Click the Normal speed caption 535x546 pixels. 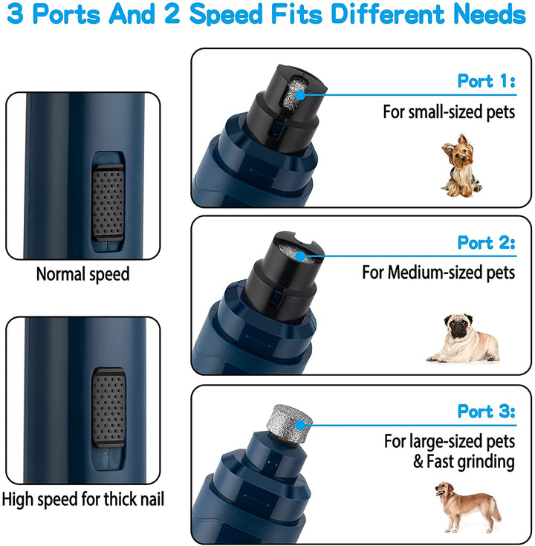click(82, 274)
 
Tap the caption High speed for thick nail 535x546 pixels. click(82, 499)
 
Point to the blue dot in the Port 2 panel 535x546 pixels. click(301, 256)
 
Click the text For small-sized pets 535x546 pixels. click(449, 111)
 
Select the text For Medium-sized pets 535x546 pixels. click(438, 273)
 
